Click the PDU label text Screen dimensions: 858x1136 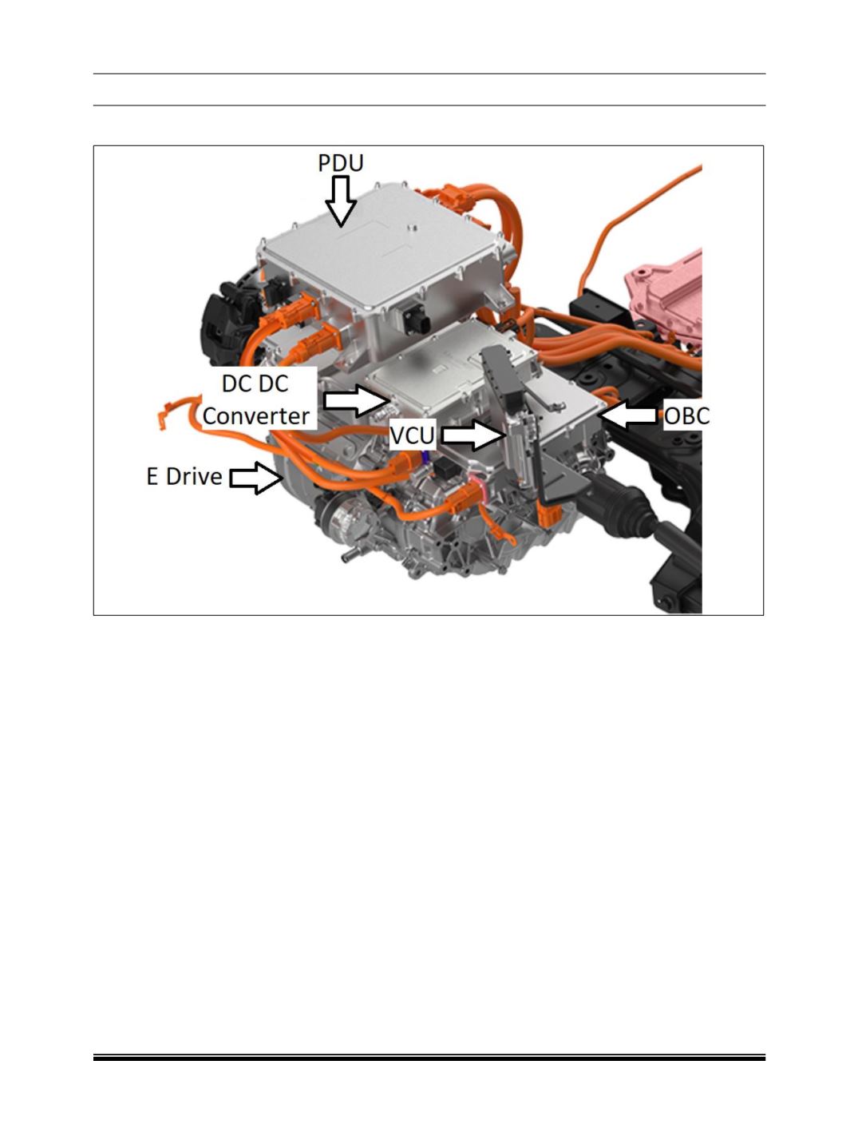[x=340, y=163]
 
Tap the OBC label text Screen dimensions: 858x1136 [x=686, y=416]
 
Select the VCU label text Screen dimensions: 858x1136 [x=412, y=435]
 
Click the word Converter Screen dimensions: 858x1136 [x=256, y=416]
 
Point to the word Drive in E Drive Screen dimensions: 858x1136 [x=194, y=477]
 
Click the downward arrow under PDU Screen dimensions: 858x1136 [x=341, y=201]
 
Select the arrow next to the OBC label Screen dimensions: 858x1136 [x=627, y=415]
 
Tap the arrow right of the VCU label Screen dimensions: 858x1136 [x=472, y=435]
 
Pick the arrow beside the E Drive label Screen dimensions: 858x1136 [x=256, y=478]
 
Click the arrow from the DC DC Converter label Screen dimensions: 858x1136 [x=357, y=400]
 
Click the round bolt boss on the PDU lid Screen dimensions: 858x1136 [x=411, y=227]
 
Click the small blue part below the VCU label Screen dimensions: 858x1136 [x=425, y=456]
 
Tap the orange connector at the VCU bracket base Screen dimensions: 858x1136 [x=551, y=515]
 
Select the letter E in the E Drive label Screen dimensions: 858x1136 [x=152, y=477]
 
